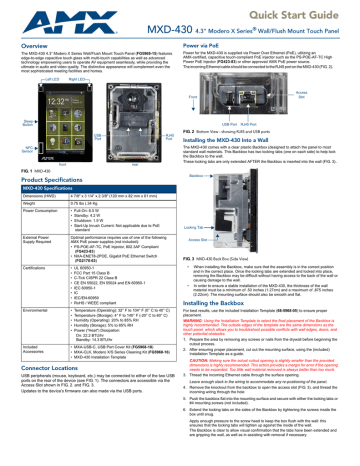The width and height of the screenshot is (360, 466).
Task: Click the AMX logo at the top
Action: pos(32,15)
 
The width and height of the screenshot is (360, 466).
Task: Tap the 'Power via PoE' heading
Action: pos(207,46)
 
